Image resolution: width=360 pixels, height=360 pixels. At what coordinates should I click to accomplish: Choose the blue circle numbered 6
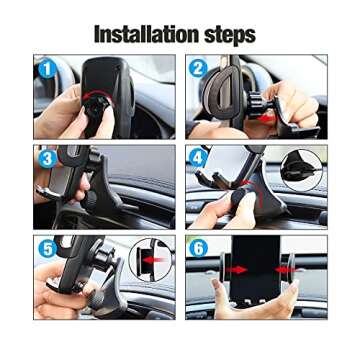tap(199, 249)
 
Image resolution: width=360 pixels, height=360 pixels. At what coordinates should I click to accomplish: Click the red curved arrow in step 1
tap(100, 108)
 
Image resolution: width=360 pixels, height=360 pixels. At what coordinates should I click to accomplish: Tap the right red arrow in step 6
tap(291, 271)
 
